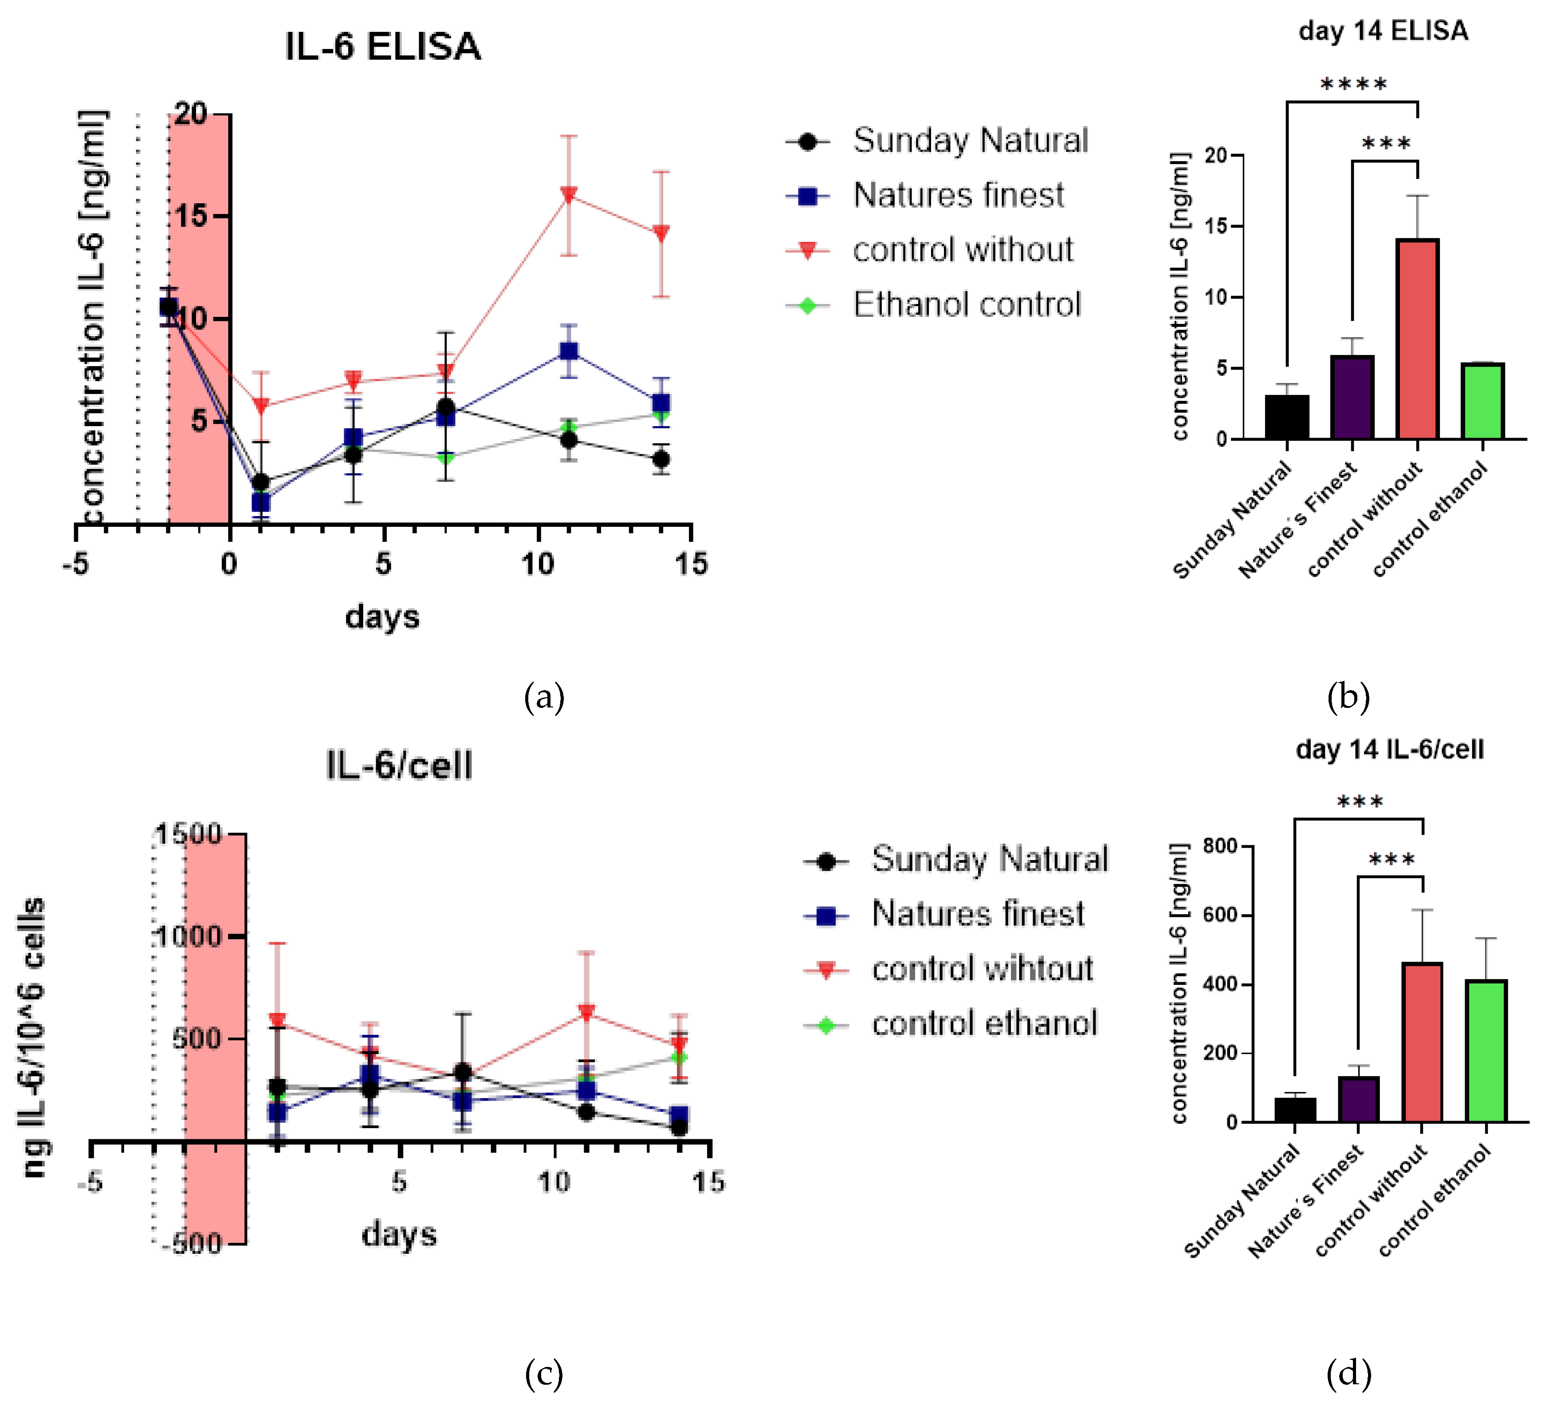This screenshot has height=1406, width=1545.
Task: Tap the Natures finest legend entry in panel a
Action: pyautogui.click(x=958, y=195)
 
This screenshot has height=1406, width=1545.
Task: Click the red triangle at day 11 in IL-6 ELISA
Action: pyautogui.click(x=569, y=195)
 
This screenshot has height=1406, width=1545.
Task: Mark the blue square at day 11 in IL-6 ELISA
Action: pyautogui.click(x=569, y=351)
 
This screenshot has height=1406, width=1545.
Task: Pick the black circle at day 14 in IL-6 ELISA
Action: pyautogui.click(x=660, y=459)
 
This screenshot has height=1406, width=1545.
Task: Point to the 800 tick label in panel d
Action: pyautogui.click(x=1220, y=846)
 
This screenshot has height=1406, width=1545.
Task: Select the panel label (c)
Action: pyautogui.click(x=543, y=1372)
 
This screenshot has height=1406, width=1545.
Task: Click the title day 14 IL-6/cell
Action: pyautogui.click(x=1389, y=749)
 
